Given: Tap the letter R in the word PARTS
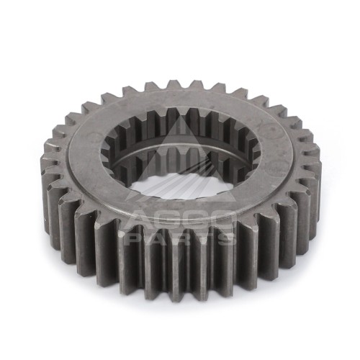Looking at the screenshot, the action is point(182,238).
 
